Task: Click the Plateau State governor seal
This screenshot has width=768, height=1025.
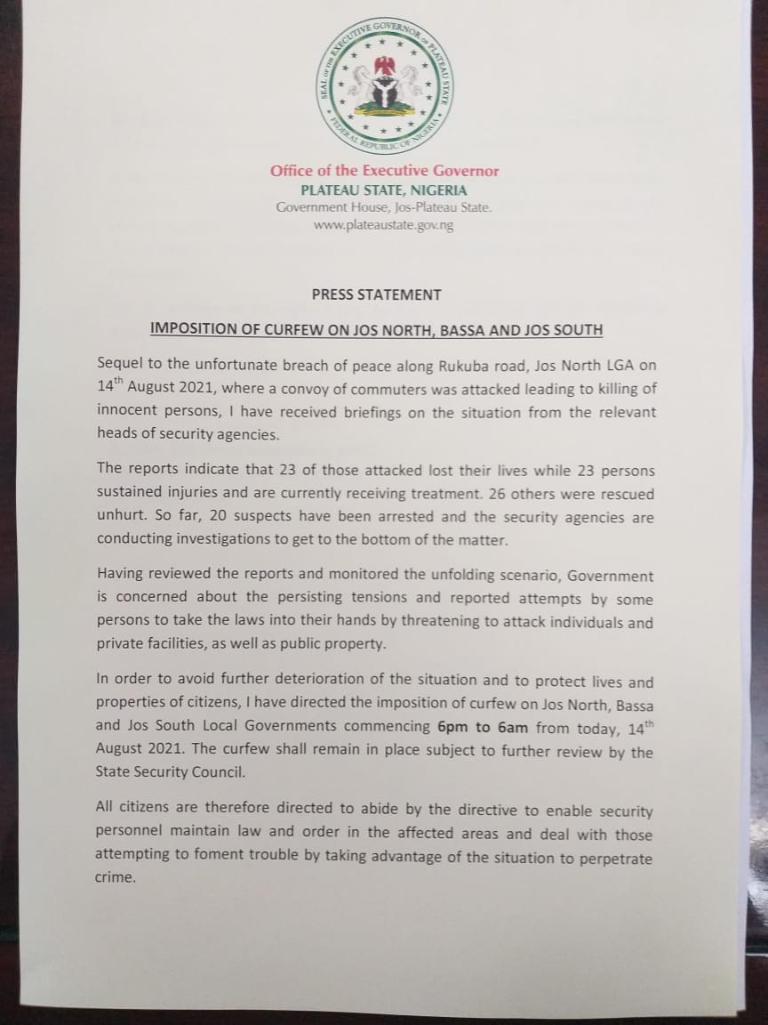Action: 384,86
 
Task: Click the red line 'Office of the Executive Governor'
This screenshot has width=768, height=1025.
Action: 384,171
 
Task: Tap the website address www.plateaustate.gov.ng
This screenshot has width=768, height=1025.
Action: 384,225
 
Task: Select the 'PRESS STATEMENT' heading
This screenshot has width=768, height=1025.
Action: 376,295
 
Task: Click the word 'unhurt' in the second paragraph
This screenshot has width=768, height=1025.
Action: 117,517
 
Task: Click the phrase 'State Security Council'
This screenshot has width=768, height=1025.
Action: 169,772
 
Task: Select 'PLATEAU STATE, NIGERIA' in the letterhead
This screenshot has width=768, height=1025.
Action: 384,190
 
